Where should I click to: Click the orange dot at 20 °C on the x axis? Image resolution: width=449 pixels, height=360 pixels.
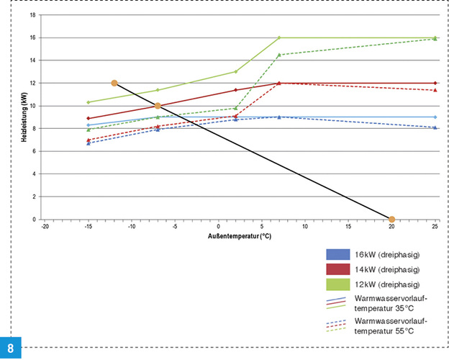point(391,219)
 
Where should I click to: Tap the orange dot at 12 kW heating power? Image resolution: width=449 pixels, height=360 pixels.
point(114,83)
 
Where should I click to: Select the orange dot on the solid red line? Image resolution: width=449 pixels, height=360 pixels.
point(158,106)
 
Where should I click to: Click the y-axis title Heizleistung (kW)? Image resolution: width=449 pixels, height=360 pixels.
point(24,118)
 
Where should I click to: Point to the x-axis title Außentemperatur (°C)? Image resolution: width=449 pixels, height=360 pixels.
point(239,235)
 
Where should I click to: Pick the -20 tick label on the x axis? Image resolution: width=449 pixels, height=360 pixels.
point(45,226)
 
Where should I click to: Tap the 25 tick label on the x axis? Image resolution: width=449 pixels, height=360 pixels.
point(435,226)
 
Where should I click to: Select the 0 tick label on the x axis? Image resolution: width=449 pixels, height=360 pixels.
point(218,226)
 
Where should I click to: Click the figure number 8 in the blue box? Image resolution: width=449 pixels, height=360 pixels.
point(12,348)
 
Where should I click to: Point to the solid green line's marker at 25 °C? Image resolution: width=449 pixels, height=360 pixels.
point(435,37)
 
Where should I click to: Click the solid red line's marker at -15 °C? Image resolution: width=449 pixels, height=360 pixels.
point(89,118)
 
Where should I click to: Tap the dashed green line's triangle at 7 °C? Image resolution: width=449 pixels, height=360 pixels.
point(279,55)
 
